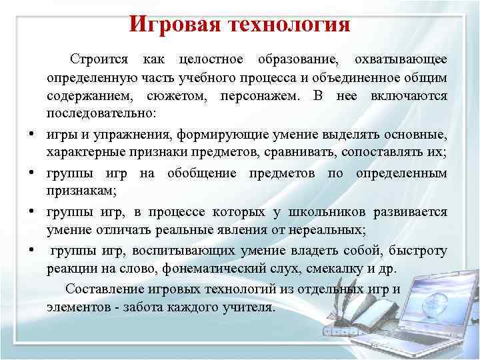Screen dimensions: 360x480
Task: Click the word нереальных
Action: (329, 231)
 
